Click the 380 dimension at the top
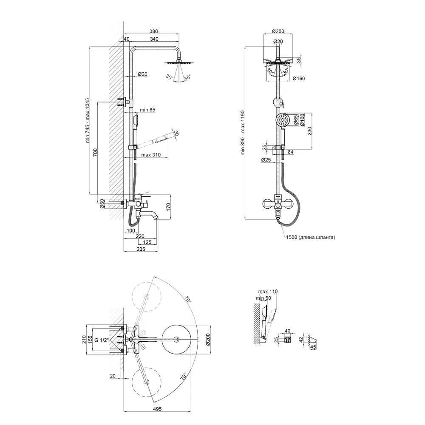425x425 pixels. (x=153, y=31)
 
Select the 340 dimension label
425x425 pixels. (x=154, y=39)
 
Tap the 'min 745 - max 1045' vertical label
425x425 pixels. (x=88, y=120)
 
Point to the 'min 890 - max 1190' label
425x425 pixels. (x=243, y=133)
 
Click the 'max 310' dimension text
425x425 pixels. (x=151, y=155)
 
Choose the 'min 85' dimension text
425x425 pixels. (x=148, y=110)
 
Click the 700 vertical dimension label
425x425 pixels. (x=95, y=153)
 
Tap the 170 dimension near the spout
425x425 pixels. (x=168, y=207)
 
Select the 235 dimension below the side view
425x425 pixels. (x=141, y=249)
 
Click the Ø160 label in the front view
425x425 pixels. (x=299, y=79)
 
